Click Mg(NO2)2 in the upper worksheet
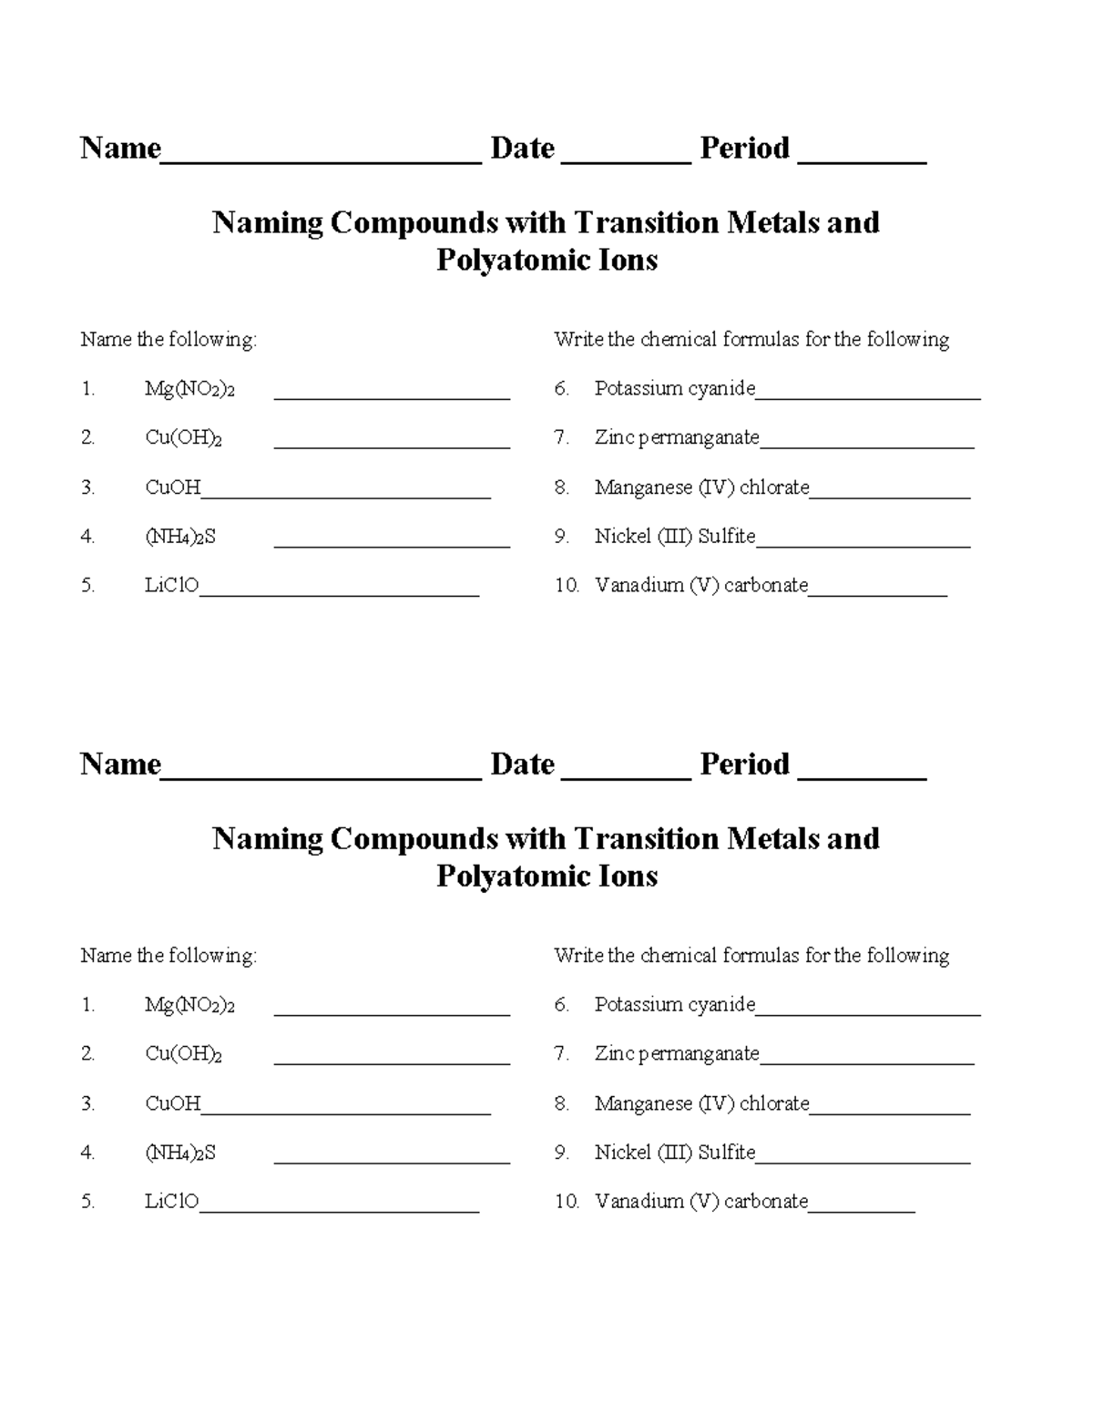[x=189, y=390]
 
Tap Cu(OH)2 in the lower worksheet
[x=183, y=1054]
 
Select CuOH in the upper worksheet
[x=172, y=487]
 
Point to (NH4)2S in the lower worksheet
[x=180, y=1153]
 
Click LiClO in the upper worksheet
[x=171, y=585]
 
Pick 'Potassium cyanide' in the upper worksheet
[x=674, y=389]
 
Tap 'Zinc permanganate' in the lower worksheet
[x=676, y=1054]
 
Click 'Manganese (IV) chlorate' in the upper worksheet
[x=701, y=487]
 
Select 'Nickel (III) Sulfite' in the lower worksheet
[x=674, y=1153]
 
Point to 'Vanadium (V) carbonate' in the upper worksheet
[x=700, y=585]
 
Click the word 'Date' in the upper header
[x=522, y=148]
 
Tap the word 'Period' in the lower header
[x=744, y=764]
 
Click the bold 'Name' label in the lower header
[x=120, y=764]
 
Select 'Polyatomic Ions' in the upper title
[x=546, y=261]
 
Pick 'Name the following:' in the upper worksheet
[x=169, y=340]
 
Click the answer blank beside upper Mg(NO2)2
[x=392, y=394]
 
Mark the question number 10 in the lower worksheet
[x=567, y=1202]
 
